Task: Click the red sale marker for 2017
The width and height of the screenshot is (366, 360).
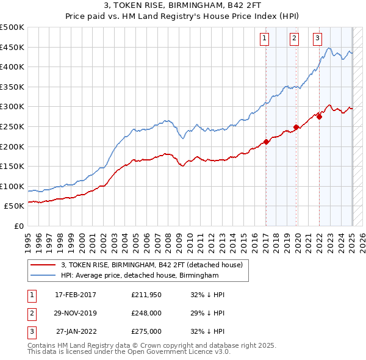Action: [x=266, y=142]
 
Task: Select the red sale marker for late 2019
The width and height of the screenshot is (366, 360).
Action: [x=296, y=128]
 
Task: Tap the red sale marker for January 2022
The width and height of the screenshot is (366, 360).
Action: [x=319, y=117]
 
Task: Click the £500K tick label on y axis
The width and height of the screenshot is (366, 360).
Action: [x=12, y=27]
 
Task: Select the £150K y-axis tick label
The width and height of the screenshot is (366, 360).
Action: [x=12, y=166]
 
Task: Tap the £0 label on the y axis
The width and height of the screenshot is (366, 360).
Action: [x=18, y=226]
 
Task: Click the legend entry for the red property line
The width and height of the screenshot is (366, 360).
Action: [x=152, y=265]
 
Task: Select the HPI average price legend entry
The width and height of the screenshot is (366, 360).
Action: [x=140, y=276]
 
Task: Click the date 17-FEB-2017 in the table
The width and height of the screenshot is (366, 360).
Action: [x=75, y=295]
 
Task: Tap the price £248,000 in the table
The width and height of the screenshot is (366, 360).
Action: [x=146, y=313]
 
